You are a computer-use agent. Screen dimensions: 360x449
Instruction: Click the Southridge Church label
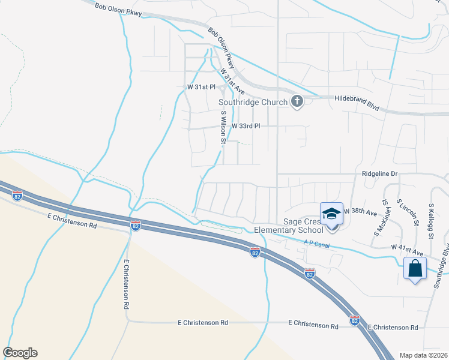[x=252, y=102]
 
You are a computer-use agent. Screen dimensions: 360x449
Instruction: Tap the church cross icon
[x=297, y=101]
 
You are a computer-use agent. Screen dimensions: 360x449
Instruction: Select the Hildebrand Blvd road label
[x=357, y=102]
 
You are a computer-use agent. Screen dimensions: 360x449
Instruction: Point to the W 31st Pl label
[x=200, y=87]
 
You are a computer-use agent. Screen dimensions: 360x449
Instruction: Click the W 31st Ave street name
[x=232, y=80]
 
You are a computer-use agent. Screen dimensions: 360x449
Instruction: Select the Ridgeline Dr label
[x=381, y=173]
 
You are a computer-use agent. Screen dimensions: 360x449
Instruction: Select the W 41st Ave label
[x=407, y=247]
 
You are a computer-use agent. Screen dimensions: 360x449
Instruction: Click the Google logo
[x=20, y=353]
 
